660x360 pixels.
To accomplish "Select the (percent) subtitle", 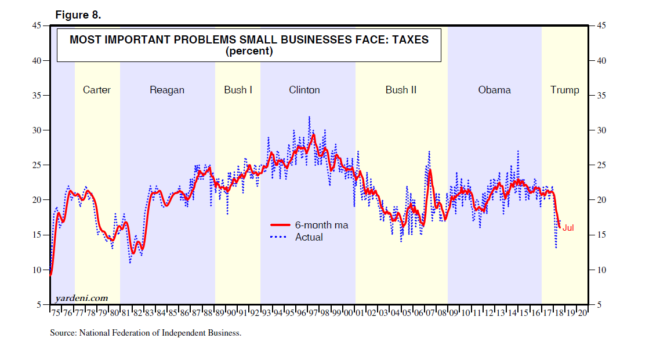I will pyautogui.click(x=249, y=51).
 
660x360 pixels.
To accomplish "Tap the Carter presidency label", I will pyautogui.click(x=97, y=90).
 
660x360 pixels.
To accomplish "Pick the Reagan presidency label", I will pyautogui.click(x=167, y=90).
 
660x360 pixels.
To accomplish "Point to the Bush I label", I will pyautogui.click(x=238, y=90).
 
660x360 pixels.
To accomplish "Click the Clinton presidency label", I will pyautogui.click(x=304, y=90).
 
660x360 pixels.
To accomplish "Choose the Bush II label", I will pyautogui.click(x=401, y=90).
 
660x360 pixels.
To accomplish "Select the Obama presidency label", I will pyautogui.click(x=495, y=90).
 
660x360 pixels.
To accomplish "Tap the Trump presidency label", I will pyautogui.click(x=565, y=90).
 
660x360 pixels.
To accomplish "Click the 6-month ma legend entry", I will pyautogui.click(x=322, y=225).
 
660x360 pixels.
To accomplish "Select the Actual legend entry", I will pyautogui.click(x=309, y=237).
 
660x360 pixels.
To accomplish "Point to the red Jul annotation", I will pyautogui.click(x=568, y=228).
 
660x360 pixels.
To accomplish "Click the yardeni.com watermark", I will pyautogui.click(x=82, y=298).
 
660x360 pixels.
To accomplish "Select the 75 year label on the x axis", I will pyautogui.click(x=55, y=313).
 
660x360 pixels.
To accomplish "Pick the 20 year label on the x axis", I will pyautogui.click(x=582, y=313).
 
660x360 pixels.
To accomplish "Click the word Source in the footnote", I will pyautogui.click(x=61, y=333).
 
